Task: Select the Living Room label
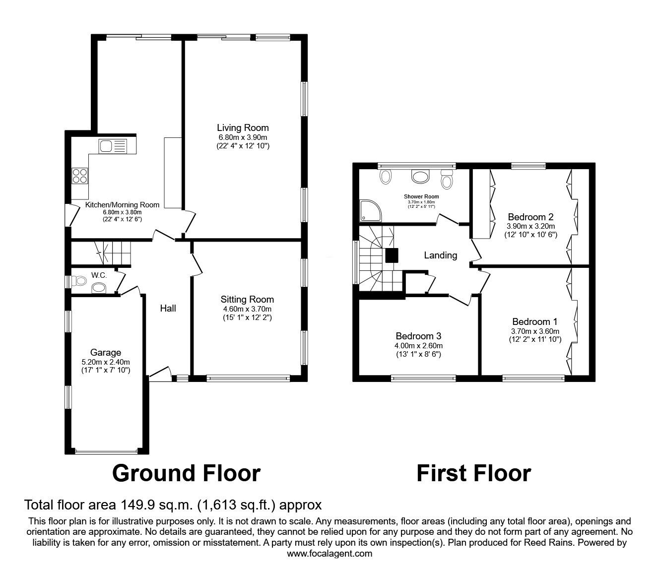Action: (243, 128)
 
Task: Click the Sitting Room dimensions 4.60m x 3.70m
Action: (247, 309)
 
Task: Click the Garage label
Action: (105, 353)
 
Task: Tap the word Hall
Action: (168, 309)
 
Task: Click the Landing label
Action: (440, 255)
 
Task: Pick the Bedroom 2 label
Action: (530, 217)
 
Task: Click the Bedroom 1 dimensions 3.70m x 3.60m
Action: (535, 331)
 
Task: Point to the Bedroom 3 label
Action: (418, 336)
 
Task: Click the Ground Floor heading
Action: (186, 473)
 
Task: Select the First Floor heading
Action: (473, 473)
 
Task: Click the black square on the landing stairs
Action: (392, 255)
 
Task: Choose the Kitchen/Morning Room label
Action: (122, 204)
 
